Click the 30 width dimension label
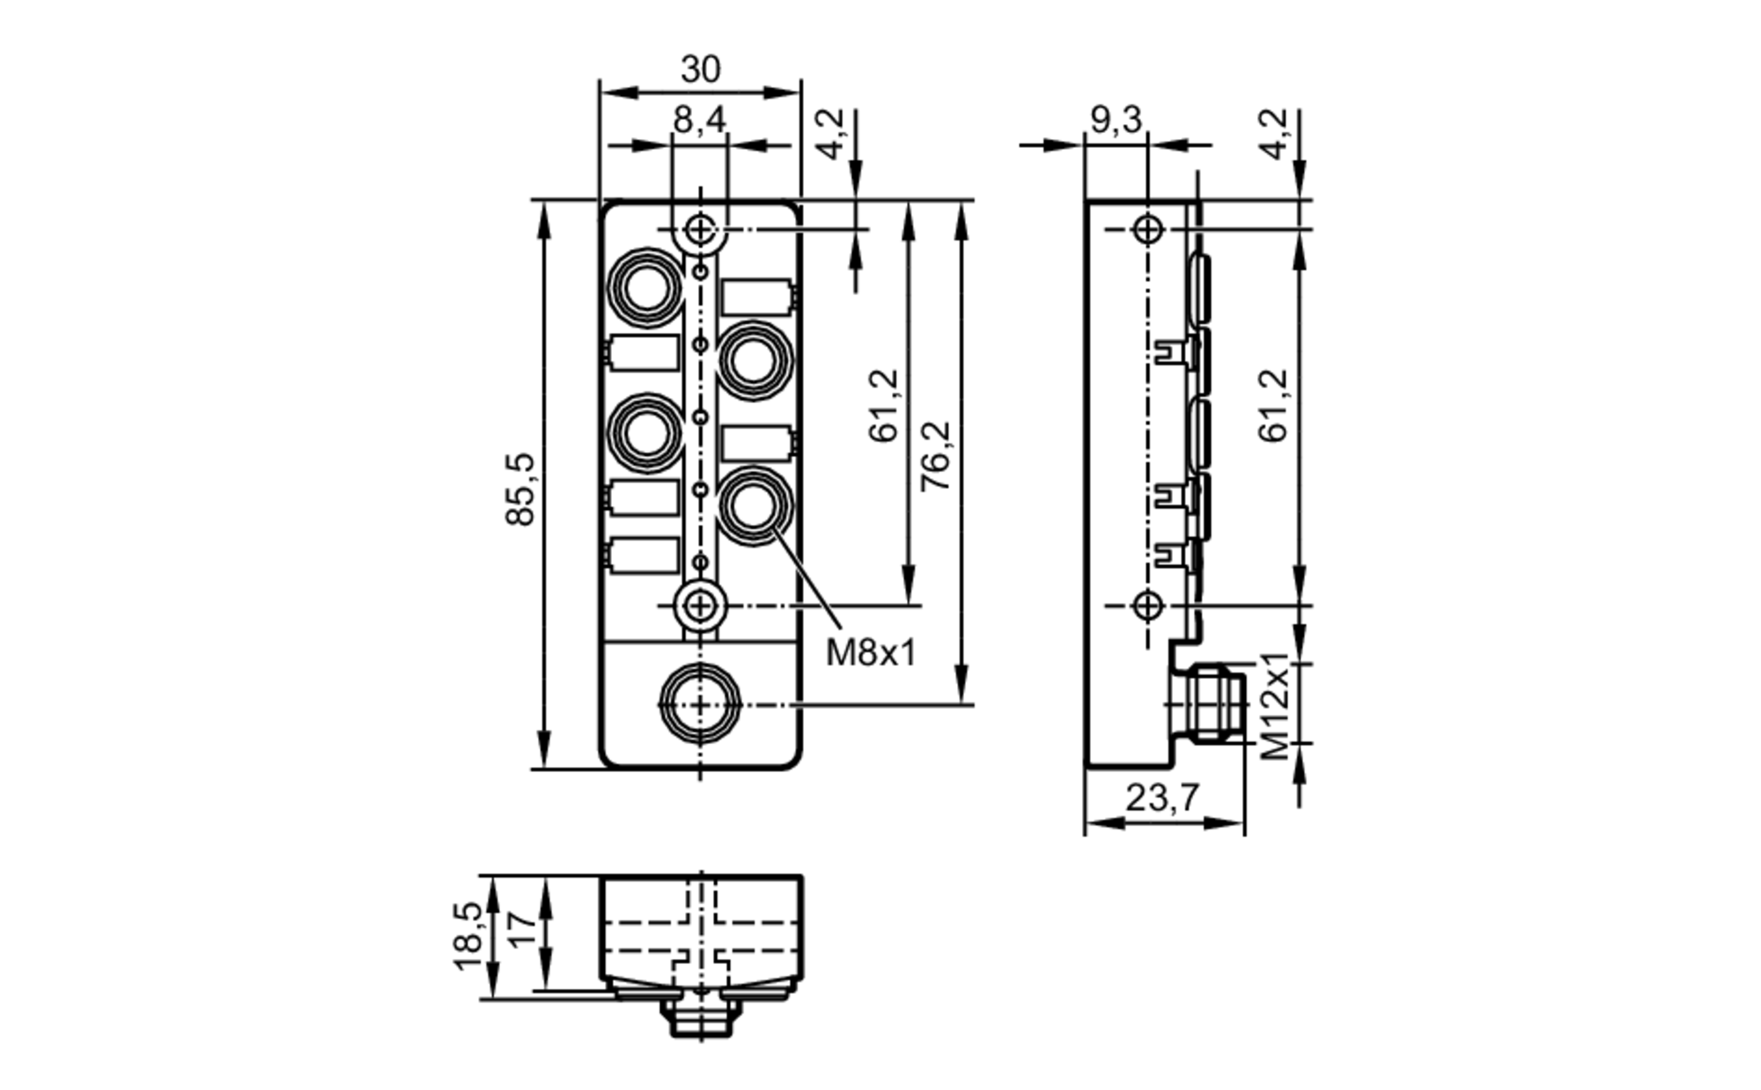(700, 69)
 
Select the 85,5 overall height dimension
(520, 490)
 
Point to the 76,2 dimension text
(935, 456)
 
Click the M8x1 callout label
(870, 652)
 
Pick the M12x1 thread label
(1274, 706)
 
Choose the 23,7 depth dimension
(1161, 798)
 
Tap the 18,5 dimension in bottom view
(468, 936)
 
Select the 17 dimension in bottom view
(521, 930)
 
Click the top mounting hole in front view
(700, 230)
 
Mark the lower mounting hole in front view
(700, 606)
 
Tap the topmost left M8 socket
(647, 287)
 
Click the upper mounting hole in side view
(1147, 230)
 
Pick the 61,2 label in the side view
(1274, 405)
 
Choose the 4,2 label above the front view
(830, 133)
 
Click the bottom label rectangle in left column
(644, 556)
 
